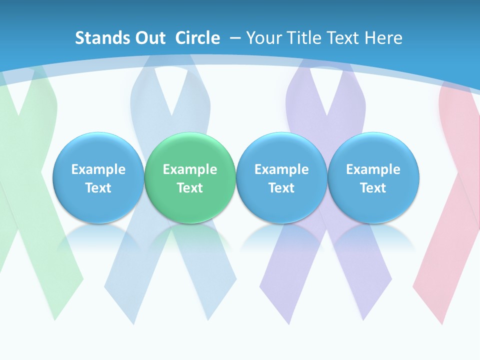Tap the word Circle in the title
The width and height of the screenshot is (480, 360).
pyautogui.click(x=197, y=38)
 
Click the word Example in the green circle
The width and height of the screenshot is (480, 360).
pyautogui.click(x=190, y=169)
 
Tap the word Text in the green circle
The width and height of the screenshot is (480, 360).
pyautogui.click(x=190, y=188)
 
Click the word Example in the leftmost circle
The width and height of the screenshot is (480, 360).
pyautogui.click(x=98, y=169)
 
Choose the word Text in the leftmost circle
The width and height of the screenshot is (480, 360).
pyautogui.click(x=98, y=188)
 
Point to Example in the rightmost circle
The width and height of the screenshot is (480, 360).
pyautogui.click(x=373, y=169)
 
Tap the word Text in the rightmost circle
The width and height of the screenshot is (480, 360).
pyautogui.click(x=373, y=188)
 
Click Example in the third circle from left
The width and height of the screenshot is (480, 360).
pyautogui.click(x=281, y=169)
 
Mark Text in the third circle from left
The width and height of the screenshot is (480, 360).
pyautogui.click(x=281, y=188)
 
